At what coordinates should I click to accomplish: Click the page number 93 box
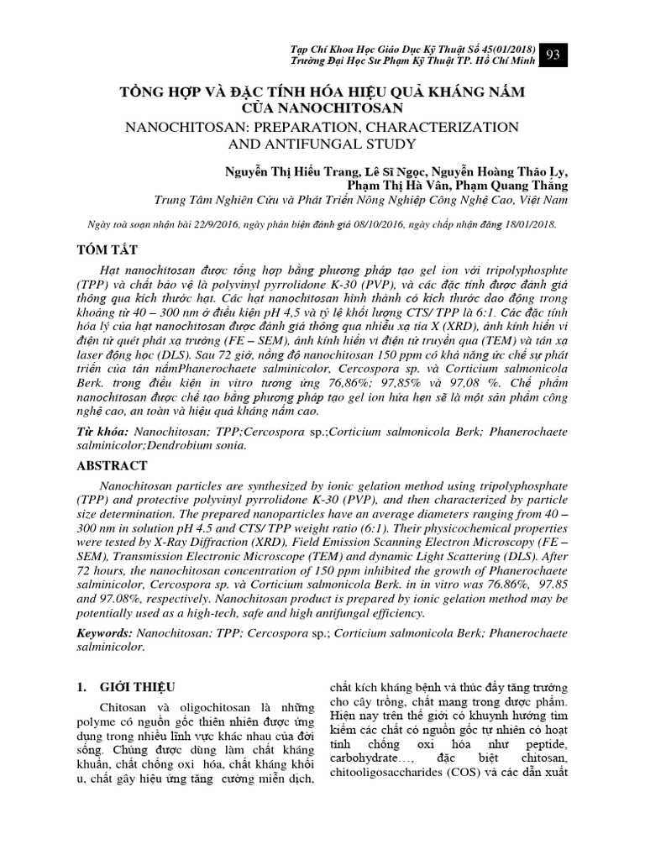point(554,55)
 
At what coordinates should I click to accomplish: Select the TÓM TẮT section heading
point(107,251)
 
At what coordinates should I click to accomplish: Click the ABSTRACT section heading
point(113,465)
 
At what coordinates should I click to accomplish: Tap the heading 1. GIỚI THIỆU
point(126,686)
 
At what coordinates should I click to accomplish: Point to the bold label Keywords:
point(104,630)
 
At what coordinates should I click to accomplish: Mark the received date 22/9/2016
point(215,225)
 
